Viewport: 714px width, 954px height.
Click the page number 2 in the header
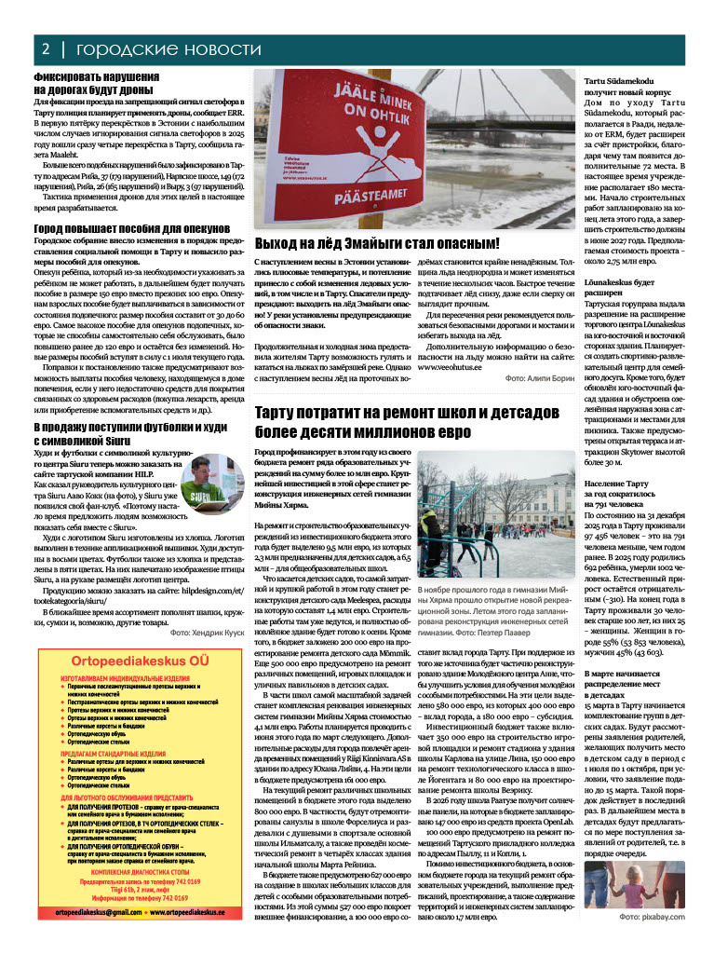coord(45,48)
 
